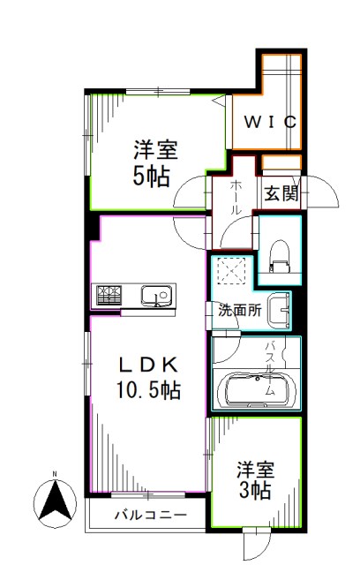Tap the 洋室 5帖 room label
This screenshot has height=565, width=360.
[152, 162]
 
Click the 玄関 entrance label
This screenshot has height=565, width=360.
[281, 192]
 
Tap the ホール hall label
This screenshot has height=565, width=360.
[236, 199]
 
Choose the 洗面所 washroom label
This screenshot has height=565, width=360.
[239, 311]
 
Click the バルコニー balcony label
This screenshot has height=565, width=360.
[149, 515]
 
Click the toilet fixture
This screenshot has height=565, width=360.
[277, 254]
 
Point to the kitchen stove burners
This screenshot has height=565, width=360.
[109, 295]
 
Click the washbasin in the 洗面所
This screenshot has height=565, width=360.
[278, 308]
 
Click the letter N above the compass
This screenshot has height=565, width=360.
[54, 474]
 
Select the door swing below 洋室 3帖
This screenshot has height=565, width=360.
[255, 540]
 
